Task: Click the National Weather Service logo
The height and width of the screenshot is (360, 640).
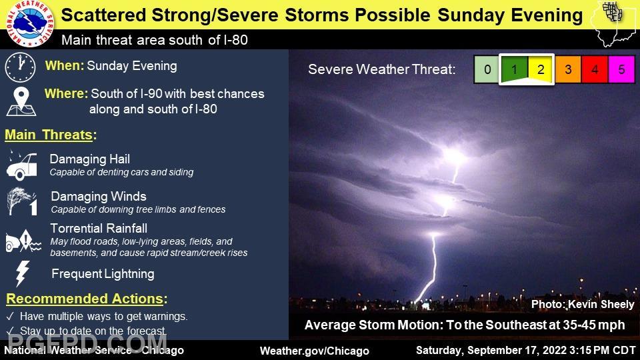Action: click(30, 23)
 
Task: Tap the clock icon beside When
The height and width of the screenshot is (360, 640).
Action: click(21, 67)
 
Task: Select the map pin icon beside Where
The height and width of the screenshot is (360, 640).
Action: click(21, 101)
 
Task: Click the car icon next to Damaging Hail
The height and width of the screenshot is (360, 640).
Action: click(22, 165)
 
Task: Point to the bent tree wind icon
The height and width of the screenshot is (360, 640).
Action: click(22, 201)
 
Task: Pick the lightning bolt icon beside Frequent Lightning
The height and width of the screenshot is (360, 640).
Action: click(23, 273)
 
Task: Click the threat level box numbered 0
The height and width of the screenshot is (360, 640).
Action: click(487, 69)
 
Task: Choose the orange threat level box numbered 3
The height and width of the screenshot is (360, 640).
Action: click(568, 69)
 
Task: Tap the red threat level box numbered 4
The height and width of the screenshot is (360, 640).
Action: click(594, 69)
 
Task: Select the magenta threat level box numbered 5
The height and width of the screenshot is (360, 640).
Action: click(621, 69)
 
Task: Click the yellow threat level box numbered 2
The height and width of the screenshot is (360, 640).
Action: click(541, 69)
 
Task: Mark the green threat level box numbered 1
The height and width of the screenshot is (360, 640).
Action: click(514, 69)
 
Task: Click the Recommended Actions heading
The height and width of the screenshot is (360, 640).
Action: click(87, 299)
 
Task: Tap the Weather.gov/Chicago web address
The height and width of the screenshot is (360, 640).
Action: click(314, 351)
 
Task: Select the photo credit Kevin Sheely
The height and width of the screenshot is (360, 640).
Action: click(583, 305)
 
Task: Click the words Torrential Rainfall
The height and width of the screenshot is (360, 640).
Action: click(99, 228)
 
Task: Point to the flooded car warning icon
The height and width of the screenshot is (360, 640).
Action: click(23, 241)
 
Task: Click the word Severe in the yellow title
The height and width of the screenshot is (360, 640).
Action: click(248, 15)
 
